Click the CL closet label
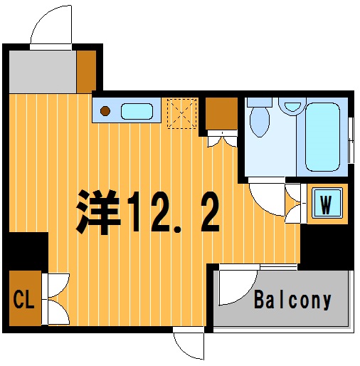click(x=24, y=299)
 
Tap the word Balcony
click(x=292, y=300)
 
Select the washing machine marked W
click(x=327, y=203)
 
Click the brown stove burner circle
click(x=105, y=111)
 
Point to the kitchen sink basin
click(x=137, y=111)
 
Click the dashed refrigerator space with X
click(x=182, y=113)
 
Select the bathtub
click(x=322, y=137)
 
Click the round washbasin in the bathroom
click(x=292, y=106)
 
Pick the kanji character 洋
click(x=98, y=212)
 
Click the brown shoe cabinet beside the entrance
click(x=86, y=72)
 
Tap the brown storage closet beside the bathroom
click(x=221, y=114)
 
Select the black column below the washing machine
click(x=327, y=247)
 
